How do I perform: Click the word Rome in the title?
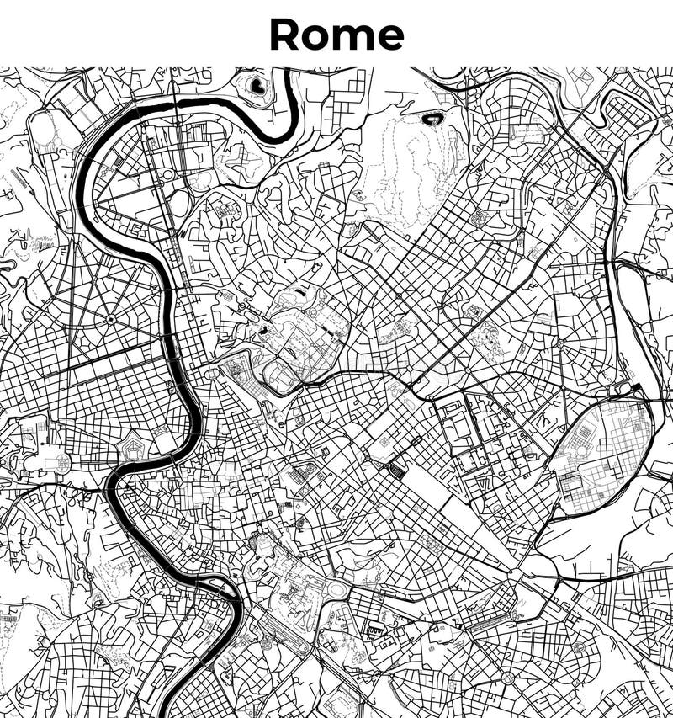(x=336, y=35)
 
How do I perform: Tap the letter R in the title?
(x=284, y=35)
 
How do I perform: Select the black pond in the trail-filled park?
(x=435, y=119)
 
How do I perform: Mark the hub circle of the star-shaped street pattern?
(x=110, y=320)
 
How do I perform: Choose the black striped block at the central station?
(x=396, y=468)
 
